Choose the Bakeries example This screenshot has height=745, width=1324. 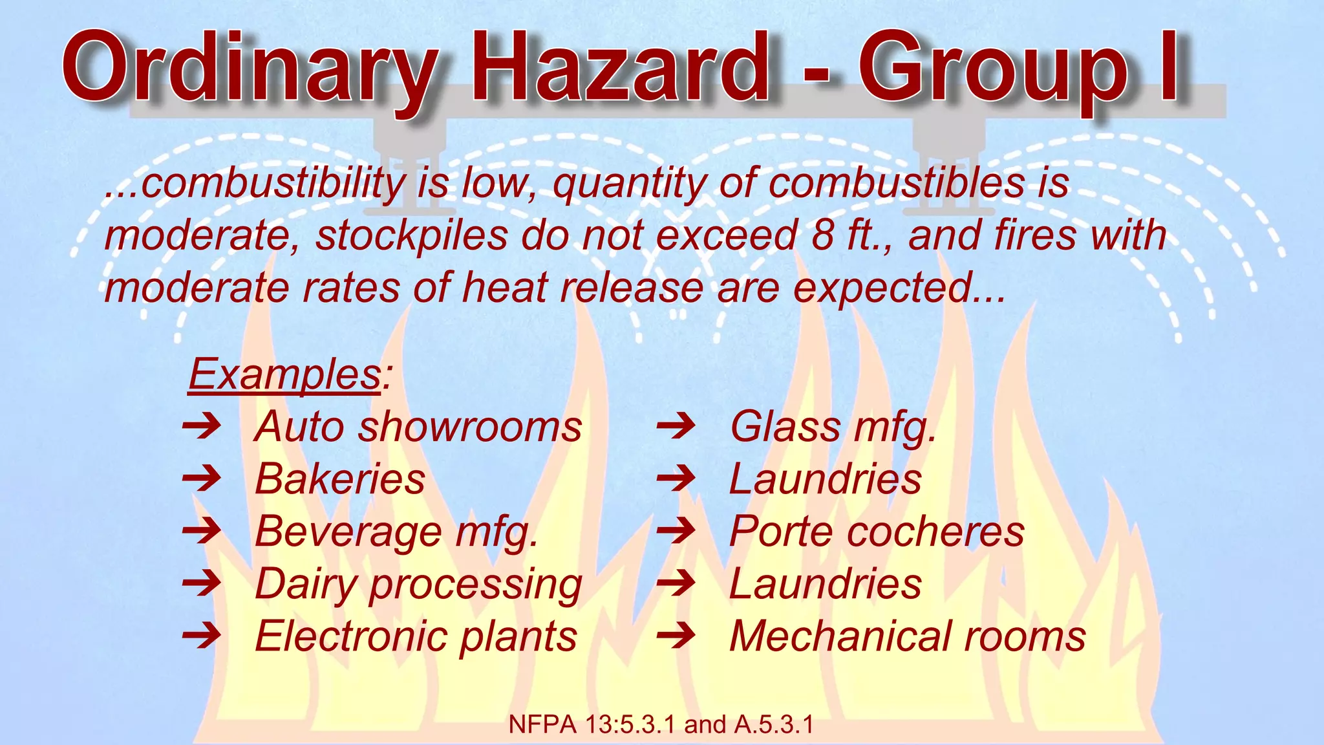[x=340, y=479]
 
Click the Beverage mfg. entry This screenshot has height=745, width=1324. [x=396, y=532]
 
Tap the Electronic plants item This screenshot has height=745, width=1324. [x=416, y=636]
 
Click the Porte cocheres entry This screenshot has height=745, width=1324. [x=877, y=532]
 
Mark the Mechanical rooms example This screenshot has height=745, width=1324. [x=907, y=636]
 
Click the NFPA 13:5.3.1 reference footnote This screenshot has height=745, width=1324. [x=661, y=725]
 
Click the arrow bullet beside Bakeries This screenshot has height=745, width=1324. [x=202, y=479]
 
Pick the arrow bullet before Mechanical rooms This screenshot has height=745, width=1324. [x=676, y=636]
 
